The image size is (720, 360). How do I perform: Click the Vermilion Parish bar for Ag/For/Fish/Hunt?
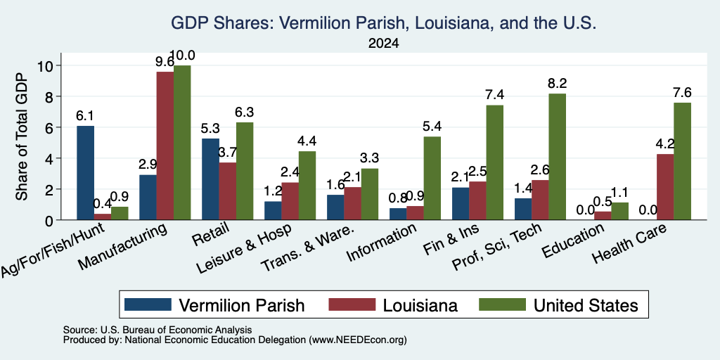(x=85, y=173)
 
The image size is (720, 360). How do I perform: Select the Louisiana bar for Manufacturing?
(x=165, y=146)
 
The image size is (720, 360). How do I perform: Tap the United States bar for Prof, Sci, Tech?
(x=558, y=157)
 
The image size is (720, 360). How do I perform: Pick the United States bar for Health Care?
(x=682, y=161)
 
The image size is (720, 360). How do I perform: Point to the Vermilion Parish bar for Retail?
(x=210, y=179)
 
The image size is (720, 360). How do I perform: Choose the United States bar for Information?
(x=432, y=178)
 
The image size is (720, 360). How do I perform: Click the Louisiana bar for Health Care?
(x=665, y=187)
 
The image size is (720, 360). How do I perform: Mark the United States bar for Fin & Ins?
(x=494, y=162)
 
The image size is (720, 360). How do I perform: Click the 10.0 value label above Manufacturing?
(x=182, y=56)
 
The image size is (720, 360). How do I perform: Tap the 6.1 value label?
(x=85, y=116)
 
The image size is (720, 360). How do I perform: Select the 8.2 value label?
(x=558, y=84)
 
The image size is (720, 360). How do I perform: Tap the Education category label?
(x=572, y=240)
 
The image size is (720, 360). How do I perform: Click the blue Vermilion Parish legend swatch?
(x=148, y=304)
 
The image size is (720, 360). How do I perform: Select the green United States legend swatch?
(x=502, y=304)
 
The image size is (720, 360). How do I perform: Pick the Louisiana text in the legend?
(x=420, y=305)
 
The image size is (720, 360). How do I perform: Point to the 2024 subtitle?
(x=383, y=44)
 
